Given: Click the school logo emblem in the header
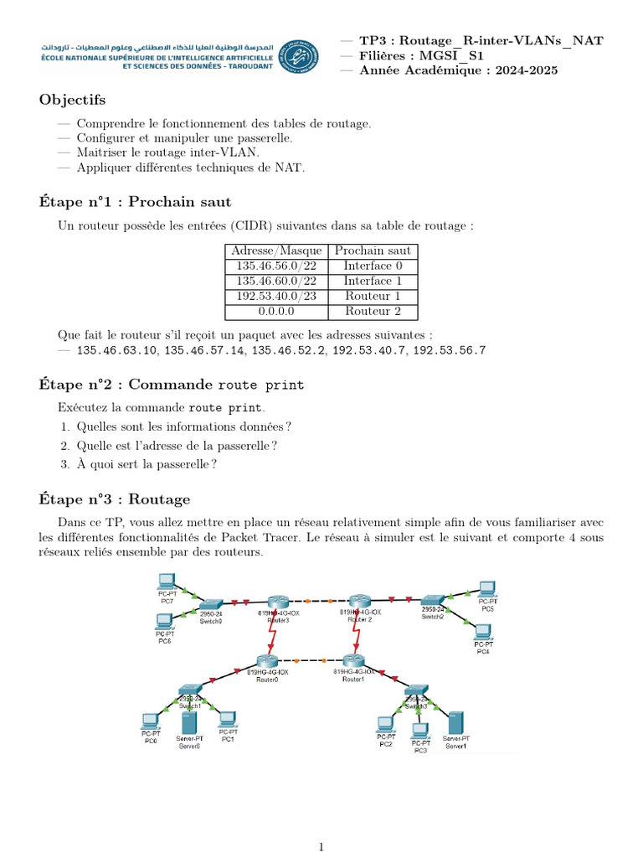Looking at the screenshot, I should [x=298, y=56].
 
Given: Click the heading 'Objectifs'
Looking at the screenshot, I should [x=72, y=101].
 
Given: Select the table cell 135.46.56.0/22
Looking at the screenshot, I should [x=276, y=266].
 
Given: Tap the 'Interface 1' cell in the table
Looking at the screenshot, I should [x=373, y=281].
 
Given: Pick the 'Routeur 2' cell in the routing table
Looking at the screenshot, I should [x=373, y=311].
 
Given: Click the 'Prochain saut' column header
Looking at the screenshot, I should [x=373, y=251].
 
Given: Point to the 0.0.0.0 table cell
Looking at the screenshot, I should [x=276, y=311].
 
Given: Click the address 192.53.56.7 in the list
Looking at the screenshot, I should [x=450, y=350].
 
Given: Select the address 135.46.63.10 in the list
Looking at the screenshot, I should [x=116, y=350].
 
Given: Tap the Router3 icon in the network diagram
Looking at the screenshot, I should [x=279, y=602].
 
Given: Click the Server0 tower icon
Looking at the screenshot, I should [x=188, y=721].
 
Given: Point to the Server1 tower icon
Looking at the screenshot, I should [x=455, y=723].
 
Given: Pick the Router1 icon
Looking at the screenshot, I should [x=352, y=662].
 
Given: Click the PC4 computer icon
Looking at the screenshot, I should [x=482, y=632].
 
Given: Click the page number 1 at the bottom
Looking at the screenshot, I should [x=321, y=847].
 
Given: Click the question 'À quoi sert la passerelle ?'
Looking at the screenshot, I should [x=147, y=463].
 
